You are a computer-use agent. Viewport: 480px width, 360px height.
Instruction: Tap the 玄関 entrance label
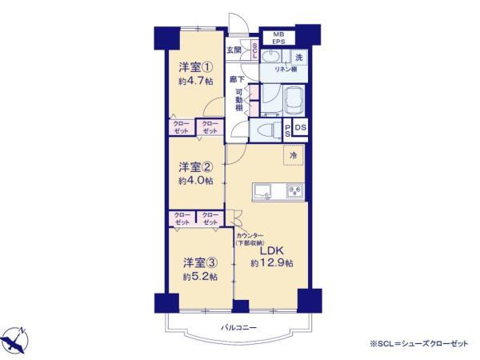coord(235,50)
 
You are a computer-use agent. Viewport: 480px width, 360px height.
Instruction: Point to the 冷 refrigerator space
coord(293,154)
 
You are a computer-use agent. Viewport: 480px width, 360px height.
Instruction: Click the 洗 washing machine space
coord(297,57)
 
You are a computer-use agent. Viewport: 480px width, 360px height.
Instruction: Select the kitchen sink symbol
coord(263,191)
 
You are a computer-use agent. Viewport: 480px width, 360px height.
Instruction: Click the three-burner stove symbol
coord(294,190)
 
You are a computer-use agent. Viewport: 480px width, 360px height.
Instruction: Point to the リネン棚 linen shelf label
coord(287,70)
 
